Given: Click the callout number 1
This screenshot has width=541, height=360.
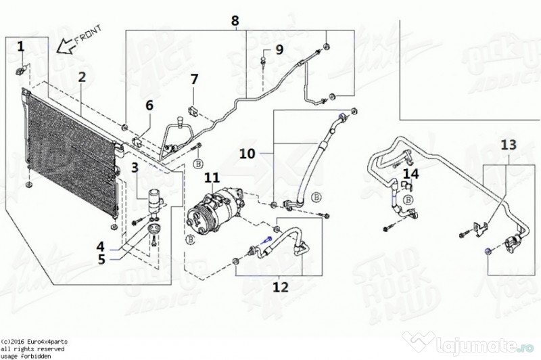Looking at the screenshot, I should pos(21,46).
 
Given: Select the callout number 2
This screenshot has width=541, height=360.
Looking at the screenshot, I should pos(82,77).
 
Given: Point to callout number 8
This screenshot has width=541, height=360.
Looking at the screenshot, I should pos(235,21).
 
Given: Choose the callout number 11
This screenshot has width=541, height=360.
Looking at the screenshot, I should pos(212,178).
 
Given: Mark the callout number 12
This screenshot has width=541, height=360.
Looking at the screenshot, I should pos(279,286).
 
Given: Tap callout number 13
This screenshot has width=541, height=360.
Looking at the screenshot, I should pos(508,144).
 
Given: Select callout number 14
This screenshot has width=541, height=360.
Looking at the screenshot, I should pos(411,174).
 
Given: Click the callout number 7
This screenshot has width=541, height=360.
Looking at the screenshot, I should pos(194,79).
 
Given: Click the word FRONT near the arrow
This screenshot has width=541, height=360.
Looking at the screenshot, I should pos(87,35).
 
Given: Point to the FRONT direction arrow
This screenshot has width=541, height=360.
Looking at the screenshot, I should pos(66,47).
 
